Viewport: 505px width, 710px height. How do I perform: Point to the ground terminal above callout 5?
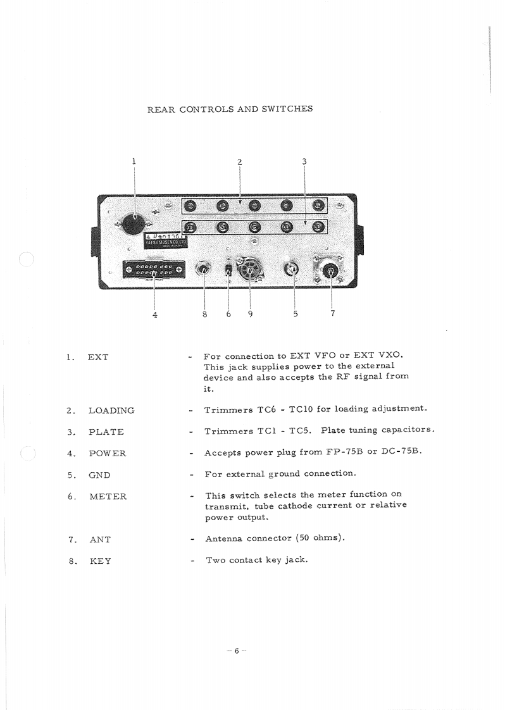click(293, 270)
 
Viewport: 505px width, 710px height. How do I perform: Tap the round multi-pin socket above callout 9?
click(249, 270)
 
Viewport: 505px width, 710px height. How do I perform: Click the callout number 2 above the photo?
click(240, 162)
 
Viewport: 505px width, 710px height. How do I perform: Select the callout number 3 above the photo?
click(304, 162)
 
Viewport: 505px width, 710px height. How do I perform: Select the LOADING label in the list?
click(111, 411)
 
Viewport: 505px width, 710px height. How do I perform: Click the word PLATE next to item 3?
click(106, 432)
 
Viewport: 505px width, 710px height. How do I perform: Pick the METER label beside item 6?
click(108, 497)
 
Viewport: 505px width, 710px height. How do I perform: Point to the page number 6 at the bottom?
click(235, 651)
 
